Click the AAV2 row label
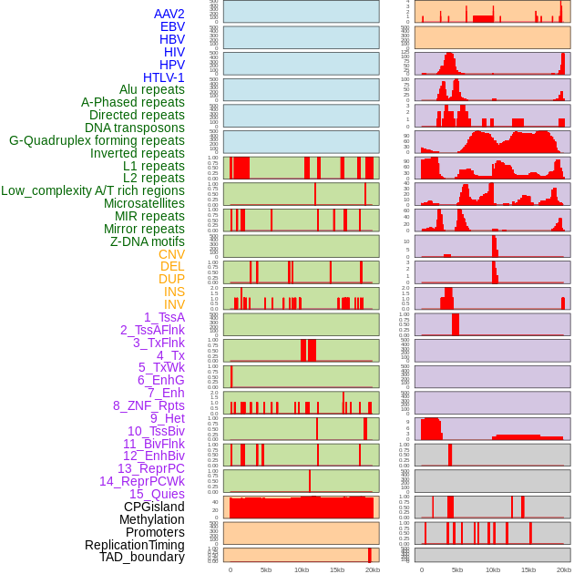point(169,14)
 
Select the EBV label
point(172,26)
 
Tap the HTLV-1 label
point(164,77)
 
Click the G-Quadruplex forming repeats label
point(97,140)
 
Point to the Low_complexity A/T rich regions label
point(93,190)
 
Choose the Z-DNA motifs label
point(148,241)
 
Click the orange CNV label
point(171,254)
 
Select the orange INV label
point(174,304)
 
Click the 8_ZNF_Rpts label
point(149,405)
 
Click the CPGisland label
point(154,507)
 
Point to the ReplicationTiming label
point(135,545)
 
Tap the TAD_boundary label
point(142,557)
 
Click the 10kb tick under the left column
point(302,569)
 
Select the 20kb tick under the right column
point(564,569)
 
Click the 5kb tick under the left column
point(266,569)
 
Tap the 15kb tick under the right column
point(528,569)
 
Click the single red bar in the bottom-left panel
point(370,555)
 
